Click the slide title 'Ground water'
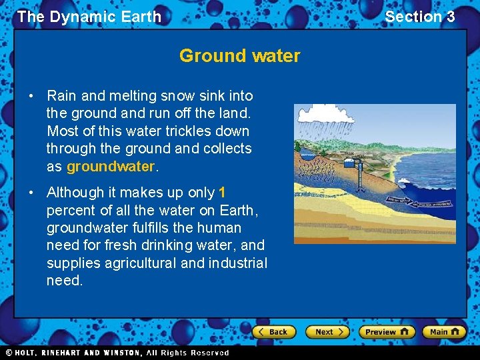click(x=239, y=56)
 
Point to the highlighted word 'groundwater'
click(x=110, y=166)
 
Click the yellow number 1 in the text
click(x=222, y=193)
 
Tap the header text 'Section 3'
click(x=419, y=17)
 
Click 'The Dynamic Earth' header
click(x=89, y=17)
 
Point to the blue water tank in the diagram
click(x=351, y=159)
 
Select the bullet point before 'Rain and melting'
click(x=32, y=97)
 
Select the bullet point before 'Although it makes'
click(x=32, y=193)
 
